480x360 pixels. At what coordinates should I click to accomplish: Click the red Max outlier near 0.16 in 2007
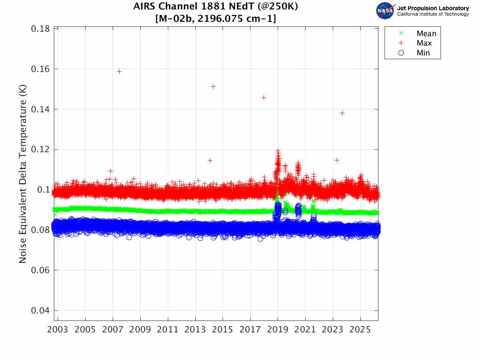(x=119, y=72)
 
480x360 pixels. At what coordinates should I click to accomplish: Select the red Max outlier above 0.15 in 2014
(x=213, y=86)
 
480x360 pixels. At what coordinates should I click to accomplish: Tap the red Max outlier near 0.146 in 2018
(x=264, y=98)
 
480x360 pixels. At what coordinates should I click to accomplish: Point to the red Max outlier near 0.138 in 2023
(x=342, y=113)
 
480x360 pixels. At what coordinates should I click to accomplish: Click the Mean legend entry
(x=426, y=34)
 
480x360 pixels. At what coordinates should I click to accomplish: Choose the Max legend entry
(x=424, y=43)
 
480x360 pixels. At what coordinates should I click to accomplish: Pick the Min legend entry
(x=423, y=53)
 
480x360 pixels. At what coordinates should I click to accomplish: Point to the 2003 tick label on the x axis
(x=58, y=330)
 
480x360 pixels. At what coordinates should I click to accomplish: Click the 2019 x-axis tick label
(x=278, y=330)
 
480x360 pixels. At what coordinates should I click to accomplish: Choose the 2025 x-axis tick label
(x=360, y=330)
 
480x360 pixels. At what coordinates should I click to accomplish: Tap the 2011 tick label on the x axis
(x=168, y=330)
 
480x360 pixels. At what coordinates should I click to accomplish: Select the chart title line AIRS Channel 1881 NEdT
(x=216, y=7)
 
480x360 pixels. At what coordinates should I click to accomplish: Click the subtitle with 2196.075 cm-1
(x=216, y=19)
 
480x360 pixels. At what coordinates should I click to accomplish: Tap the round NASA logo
(x=385, y=11)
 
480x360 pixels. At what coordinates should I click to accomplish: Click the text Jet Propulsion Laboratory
(x=433, y=8)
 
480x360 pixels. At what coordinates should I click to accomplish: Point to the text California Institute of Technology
(x=433, y=14)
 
